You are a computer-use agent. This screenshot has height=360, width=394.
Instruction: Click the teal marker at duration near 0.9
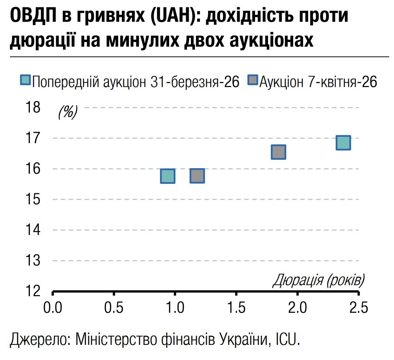tap(168, 176)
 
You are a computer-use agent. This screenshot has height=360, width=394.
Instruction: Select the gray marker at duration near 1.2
tap(197, 176)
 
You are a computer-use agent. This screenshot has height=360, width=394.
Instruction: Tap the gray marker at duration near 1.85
tap(278, 152)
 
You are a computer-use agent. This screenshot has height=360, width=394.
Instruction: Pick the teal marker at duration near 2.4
tap(343, 143)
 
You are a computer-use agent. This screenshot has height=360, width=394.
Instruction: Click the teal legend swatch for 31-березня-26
tap(25, 81)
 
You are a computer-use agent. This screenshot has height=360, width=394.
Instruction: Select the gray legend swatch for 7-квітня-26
tap(253, 81)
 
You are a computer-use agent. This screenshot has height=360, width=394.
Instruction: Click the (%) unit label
tap(68, 112)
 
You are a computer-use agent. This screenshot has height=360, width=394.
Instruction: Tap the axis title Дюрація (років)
tap(318, 280)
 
